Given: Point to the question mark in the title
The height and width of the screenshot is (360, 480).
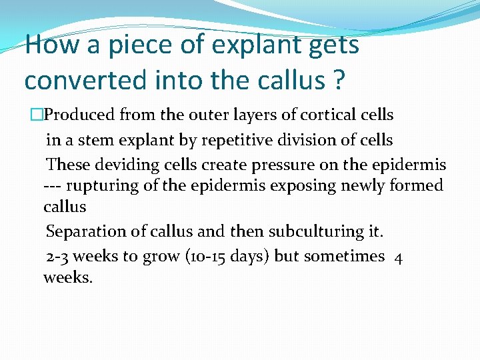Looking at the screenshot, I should tap(338, 80).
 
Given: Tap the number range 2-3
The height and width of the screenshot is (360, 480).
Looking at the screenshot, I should tap(59, 257).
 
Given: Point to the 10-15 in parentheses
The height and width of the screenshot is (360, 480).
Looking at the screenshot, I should tap(207, 257).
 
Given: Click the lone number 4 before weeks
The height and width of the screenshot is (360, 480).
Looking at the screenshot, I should tap(398, 257).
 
